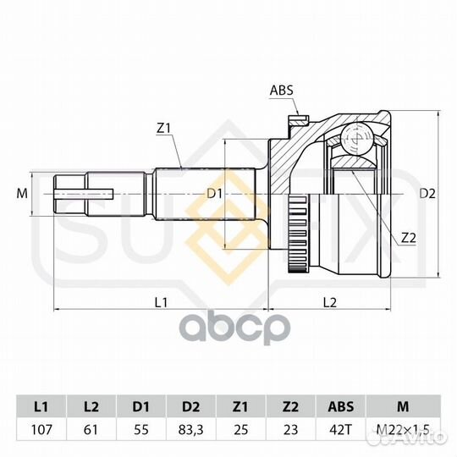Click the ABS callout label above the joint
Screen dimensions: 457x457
[281, 91]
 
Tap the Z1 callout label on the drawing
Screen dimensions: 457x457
[163, 129]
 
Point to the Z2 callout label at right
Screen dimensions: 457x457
[408, 238]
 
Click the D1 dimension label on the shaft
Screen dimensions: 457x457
[214, 193]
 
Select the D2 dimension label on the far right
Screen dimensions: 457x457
[427, 193]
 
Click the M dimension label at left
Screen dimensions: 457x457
[22, 193]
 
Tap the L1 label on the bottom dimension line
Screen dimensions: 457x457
[161, 302]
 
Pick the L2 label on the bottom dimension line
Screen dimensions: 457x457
[330, 302]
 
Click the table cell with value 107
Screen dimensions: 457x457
[41, 430]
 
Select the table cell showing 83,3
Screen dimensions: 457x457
[191, 430]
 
